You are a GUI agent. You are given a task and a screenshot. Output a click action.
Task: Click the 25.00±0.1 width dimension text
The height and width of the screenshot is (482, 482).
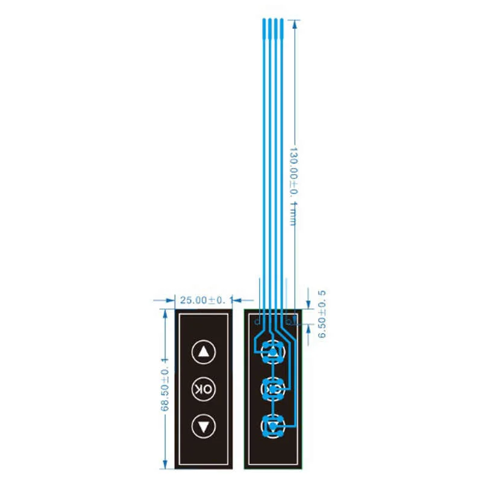(x=202, y=299)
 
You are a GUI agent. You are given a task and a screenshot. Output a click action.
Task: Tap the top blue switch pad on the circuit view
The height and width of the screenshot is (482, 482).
(x=273, y=352)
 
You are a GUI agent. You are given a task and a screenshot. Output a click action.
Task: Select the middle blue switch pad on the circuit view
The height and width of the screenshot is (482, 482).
(x=273, y=389)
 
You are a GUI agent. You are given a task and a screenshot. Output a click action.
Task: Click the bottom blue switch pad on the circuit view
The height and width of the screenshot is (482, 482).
(x=273, y=426)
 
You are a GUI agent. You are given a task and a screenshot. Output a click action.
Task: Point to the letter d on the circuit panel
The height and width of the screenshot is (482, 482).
(x=257, y=321)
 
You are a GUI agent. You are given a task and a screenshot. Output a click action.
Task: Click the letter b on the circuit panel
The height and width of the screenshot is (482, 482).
(x=288, y=321)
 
